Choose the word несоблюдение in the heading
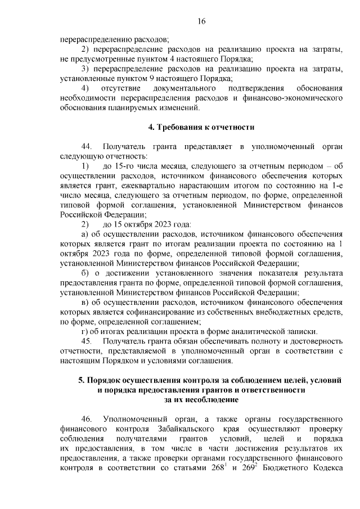coord(213,399)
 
